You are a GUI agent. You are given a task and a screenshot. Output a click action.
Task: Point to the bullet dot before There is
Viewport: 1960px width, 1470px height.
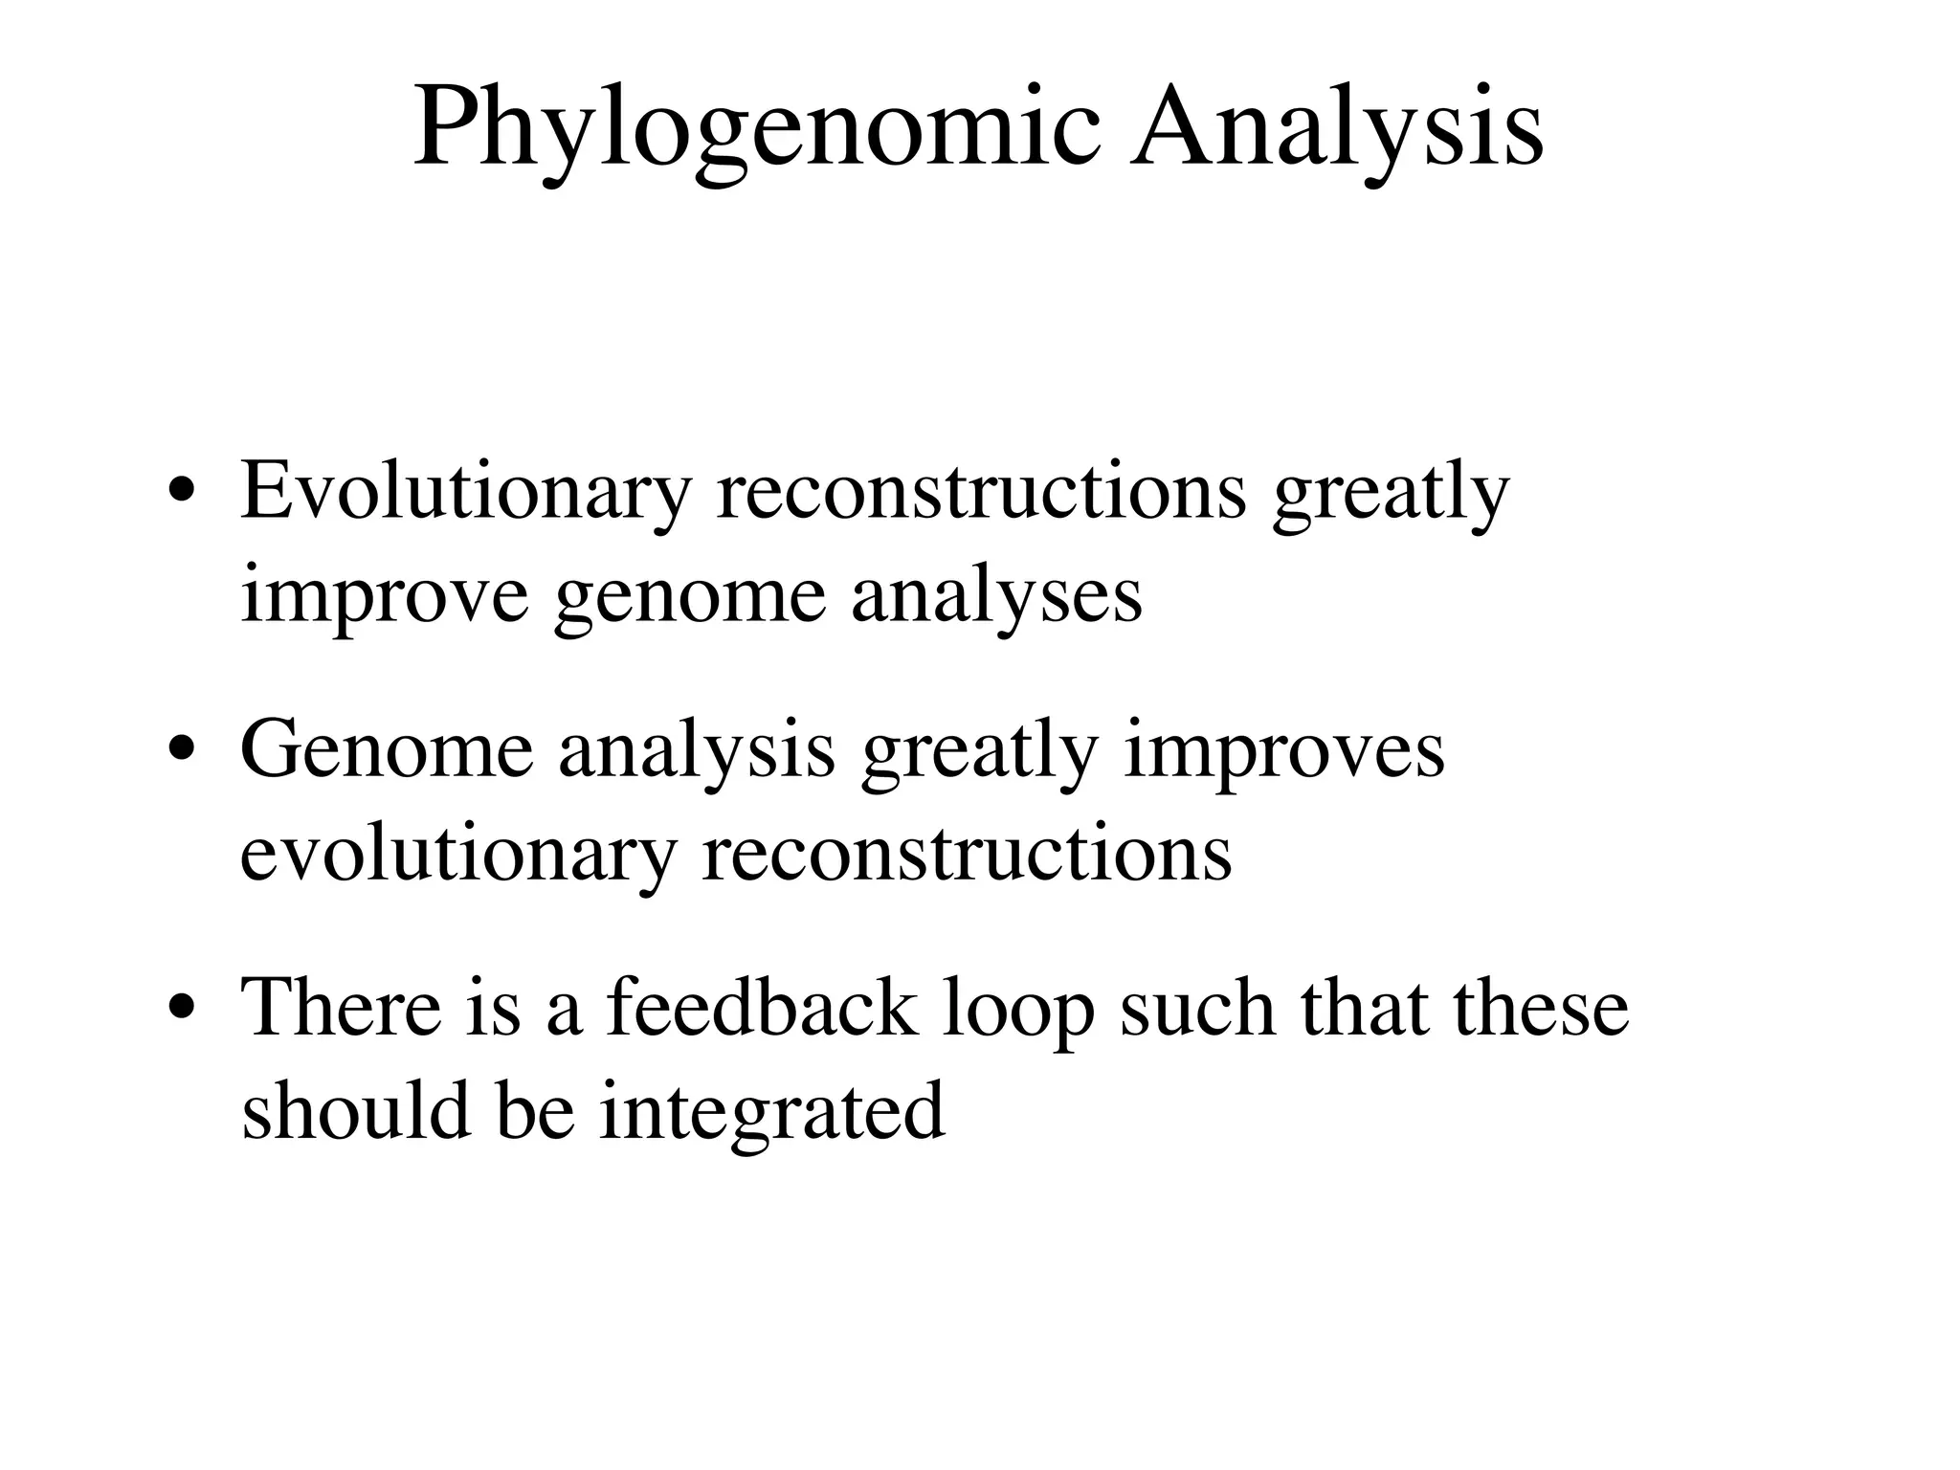click(182, 1011)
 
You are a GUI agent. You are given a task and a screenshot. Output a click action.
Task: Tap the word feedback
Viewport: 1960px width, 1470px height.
click(762, 1008)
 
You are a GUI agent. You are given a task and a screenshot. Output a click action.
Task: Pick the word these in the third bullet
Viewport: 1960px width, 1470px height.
click(1541, 1008)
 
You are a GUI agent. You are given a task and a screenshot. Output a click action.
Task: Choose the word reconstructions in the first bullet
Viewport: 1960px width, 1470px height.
click(982, 493)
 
